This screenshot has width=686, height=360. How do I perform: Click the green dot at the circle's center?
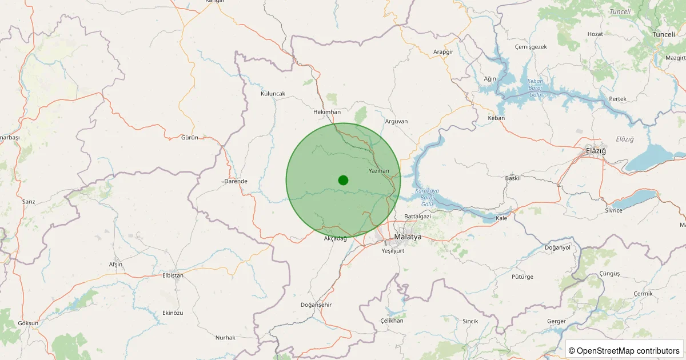pos(343,180)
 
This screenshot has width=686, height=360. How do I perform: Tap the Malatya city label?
pos(408,237)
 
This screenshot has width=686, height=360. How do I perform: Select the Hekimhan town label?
pos(327,112)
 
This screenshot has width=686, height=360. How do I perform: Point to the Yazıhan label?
pos(378,171)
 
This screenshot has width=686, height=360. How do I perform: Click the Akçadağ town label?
pos(336,238)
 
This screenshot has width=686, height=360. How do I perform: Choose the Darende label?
pos(236,181)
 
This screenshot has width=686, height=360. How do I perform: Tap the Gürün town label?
pos(189,138)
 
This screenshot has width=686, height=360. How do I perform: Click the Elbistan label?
pos(173,275)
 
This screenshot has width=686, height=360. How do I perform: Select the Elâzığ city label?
pos(595,150)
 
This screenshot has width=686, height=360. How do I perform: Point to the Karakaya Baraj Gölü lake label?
pos(428,197)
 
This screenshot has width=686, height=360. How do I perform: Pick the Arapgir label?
pos(443,52)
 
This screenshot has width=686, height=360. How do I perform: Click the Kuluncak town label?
pos(273,94)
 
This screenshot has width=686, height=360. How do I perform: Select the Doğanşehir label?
pos(316,305)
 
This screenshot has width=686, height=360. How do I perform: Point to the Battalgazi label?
pos(417,217)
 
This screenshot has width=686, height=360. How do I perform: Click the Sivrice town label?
pos(613,210)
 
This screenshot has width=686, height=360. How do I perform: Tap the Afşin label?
pos(115,264)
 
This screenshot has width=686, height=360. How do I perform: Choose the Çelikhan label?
pos(392,321)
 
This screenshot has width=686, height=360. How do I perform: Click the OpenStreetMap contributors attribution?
pos(625,350)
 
